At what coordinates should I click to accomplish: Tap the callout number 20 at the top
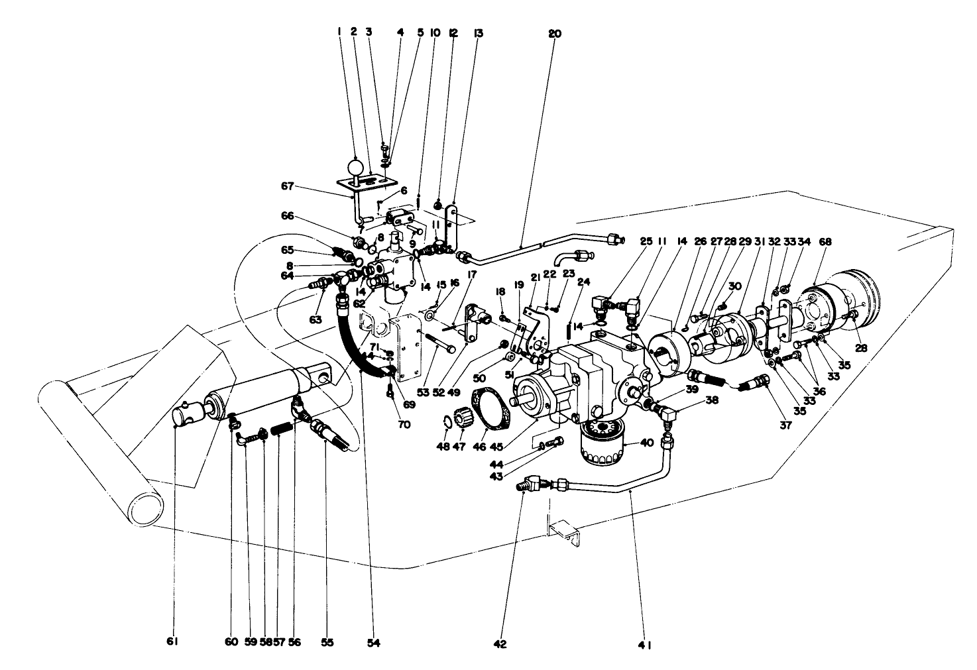pyautogui.click(x=555, y=32)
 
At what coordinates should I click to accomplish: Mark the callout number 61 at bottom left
pyautogui.click(x=174, y=642)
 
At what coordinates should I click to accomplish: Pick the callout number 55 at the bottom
pyautogui.click(x=327, y=642)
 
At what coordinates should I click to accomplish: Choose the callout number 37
pyautogui.click(x=785, y=425)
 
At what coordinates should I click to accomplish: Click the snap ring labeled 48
pyautogui.click(x=448, y=423)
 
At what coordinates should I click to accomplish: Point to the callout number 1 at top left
pyautogui.click(x=339, y=31)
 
